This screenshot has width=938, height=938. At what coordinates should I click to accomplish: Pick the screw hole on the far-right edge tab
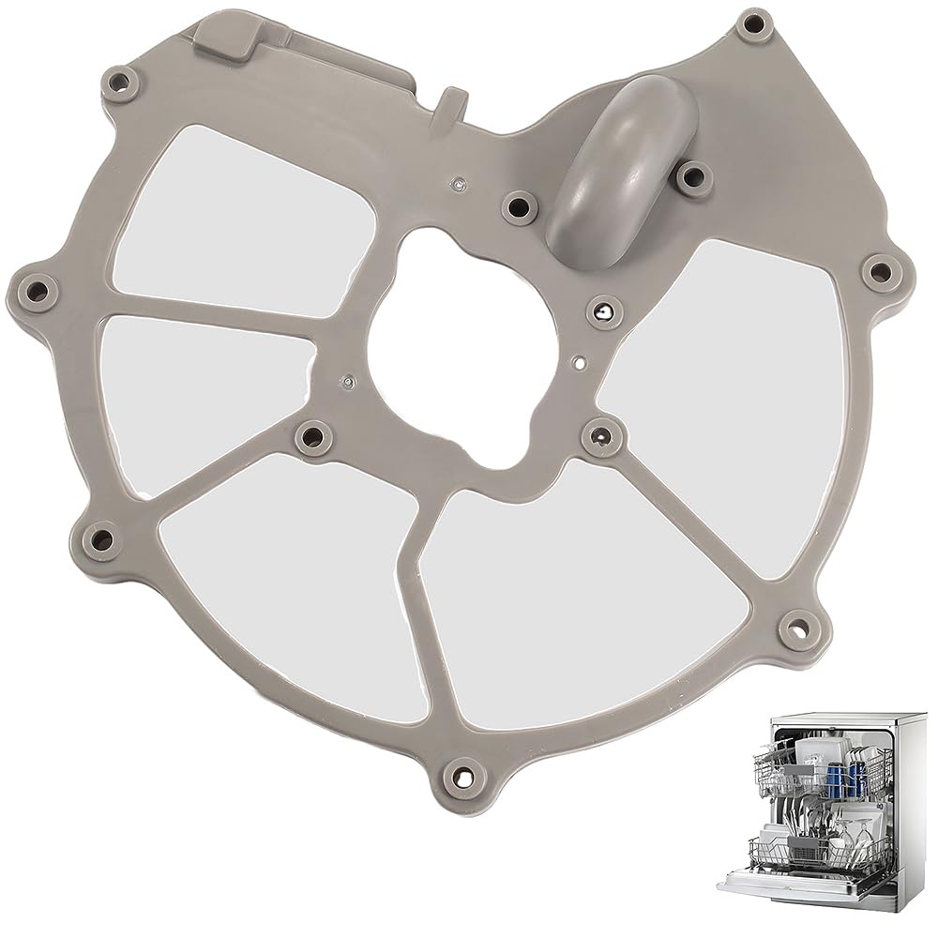(x=880, y=272)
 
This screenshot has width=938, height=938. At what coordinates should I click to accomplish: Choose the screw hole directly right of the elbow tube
(x=693, y=174)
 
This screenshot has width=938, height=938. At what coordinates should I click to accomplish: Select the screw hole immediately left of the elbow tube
(x=517, y=204)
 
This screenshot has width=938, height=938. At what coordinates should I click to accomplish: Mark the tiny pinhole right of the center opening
(x=582, y=358)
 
